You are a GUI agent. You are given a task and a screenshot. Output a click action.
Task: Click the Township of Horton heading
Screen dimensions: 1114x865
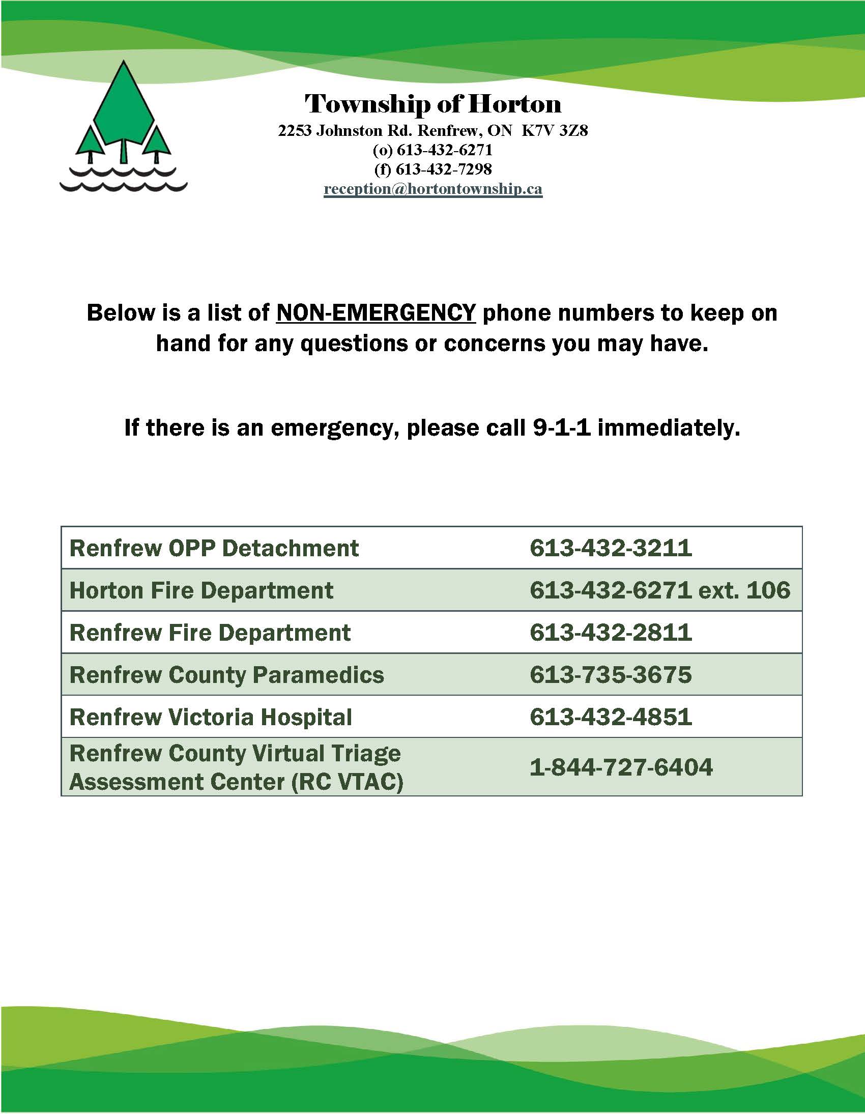tap(433, 104)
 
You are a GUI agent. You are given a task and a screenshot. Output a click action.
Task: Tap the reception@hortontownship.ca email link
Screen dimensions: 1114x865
tap(433, 189)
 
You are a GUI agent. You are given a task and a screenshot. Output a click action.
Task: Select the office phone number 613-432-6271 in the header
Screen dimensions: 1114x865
tap(444, 150)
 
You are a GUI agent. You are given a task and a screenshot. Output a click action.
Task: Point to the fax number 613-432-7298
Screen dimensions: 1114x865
tap(444, 169)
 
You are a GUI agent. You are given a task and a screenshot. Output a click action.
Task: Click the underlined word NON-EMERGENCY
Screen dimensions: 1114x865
tap(376, 312)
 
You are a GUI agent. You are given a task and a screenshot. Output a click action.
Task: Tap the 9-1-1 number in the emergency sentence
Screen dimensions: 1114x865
tap(562, 427)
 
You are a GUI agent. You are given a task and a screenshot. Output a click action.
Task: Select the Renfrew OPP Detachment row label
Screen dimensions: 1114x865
tap(214, 548)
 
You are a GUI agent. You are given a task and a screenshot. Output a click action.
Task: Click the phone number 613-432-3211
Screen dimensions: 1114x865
tap(611, 548)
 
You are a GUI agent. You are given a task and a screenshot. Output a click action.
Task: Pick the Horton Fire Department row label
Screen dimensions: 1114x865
tap(201, 591)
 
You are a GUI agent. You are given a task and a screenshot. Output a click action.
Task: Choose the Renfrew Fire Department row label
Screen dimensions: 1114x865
tap(210, 633)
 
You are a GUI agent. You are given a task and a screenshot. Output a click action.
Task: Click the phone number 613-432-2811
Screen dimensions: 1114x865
tap(611, 633)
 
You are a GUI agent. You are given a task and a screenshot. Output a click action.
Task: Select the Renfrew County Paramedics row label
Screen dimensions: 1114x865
tap(227, 675)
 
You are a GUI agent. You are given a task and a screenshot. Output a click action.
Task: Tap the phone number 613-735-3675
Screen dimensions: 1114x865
tap(611, 675)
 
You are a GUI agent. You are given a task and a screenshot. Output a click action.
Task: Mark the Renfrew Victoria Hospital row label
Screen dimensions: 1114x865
tap(211, 717)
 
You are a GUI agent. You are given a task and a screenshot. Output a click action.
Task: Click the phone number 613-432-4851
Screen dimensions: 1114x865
tap(611, 717)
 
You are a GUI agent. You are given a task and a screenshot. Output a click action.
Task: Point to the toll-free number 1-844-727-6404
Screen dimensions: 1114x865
tap(621, 767)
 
